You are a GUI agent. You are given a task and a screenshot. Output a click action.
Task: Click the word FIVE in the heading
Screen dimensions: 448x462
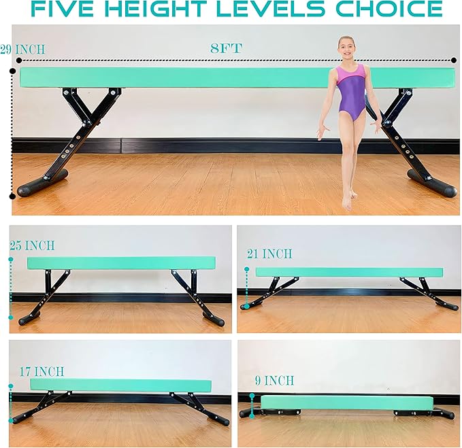pyautogui.click(x=65, y=10)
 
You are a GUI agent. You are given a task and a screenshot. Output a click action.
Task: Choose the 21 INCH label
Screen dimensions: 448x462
pyautogui.click(x=269, y=254)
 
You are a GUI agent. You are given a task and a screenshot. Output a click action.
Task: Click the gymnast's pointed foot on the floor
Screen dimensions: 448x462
pyautogui.click(x=348, y=201)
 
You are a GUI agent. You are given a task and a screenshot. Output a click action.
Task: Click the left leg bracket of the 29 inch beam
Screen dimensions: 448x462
pyautogui.click(x=86, y=129)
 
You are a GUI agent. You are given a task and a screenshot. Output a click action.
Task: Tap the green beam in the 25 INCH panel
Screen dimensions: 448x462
pyautogui.click(x=121, y=262)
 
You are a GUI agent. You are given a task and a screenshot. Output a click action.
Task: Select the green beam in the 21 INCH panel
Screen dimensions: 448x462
pyautogui.click(x=348, y=272)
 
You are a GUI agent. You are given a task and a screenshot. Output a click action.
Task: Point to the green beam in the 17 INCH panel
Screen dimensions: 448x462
pyautogui.click(x=120, y=385)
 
